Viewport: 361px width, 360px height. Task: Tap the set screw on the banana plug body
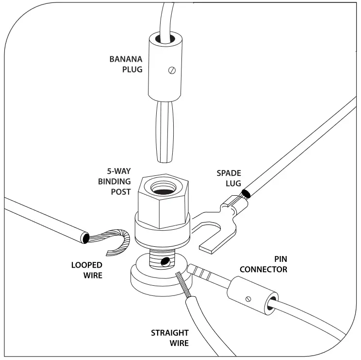click(171, 71)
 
